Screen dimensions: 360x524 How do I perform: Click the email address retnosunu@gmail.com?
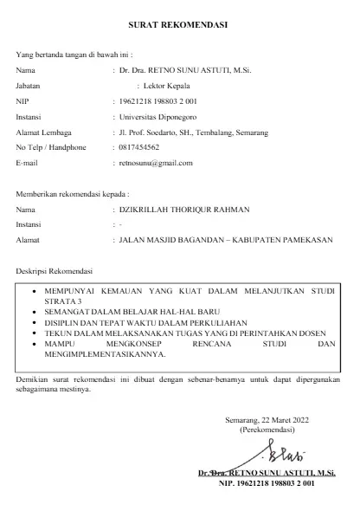point(155,162)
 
